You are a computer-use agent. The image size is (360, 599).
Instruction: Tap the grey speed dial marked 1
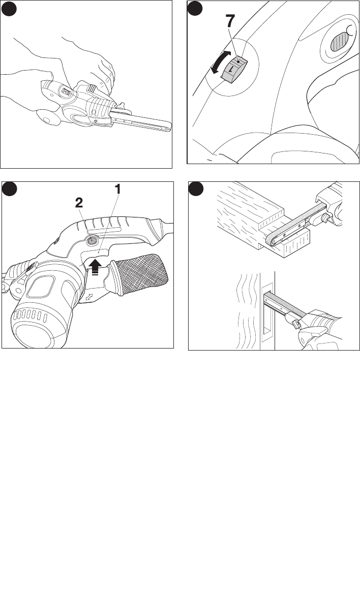234,68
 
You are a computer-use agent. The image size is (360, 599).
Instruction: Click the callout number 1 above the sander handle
118,188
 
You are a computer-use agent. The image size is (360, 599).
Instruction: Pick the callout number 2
79,203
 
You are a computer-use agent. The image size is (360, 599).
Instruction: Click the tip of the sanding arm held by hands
168,129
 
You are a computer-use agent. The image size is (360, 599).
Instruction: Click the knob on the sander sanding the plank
325,218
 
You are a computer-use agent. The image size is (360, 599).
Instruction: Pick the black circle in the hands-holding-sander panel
8,8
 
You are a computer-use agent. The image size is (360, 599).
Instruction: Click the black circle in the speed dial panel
195,8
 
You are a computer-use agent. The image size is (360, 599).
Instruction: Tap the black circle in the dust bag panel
9,189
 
